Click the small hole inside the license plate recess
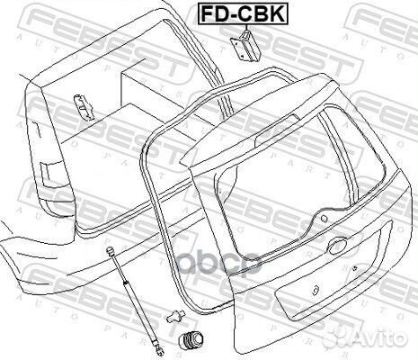tap(316, 290)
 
